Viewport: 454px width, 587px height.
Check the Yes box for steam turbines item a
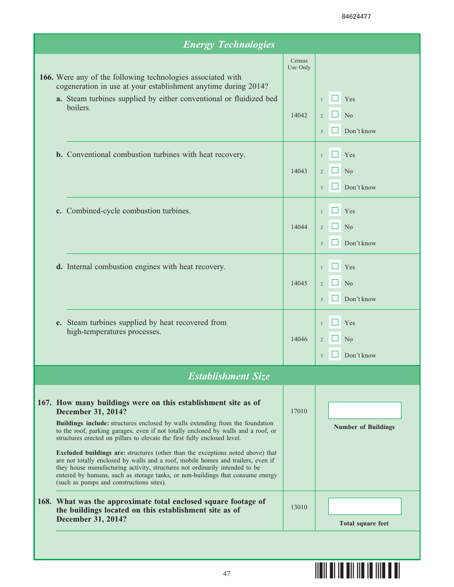pos(335,98)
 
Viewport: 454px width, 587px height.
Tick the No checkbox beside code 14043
pos(335,170)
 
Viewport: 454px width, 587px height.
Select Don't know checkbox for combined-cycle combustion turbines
pos(335,242)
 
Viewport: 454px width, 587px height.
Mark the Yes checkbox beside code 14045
pos(335,266)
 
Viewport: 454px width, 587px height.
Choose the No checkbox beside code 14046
pos(335,338)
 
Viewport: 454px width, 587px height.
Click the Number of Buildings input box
pos(364,410)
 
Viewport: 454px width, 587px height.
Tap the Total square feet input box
pos(364,506)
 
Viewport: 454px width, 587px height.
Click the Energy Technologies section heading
pos(229,44)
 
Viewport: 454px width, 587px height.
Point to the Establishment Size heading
pos(229,376)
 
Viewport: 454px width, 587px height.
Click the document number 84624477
pos(356,16)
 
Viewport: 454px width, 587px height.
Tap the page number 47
pos(227,574)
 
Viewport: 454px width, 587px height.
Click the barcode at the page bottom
pos(357,571)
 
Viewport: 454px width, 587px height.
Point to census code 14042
pos(299,115)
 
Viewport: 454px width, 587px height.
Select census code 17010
pos(299,411)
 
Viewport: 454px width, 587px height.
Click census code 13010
pos(299,507)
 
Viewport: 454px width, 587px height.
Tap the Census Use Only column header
pos(299,64)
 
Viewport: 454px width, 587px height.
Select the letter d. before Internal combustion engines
pos(59,267)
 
